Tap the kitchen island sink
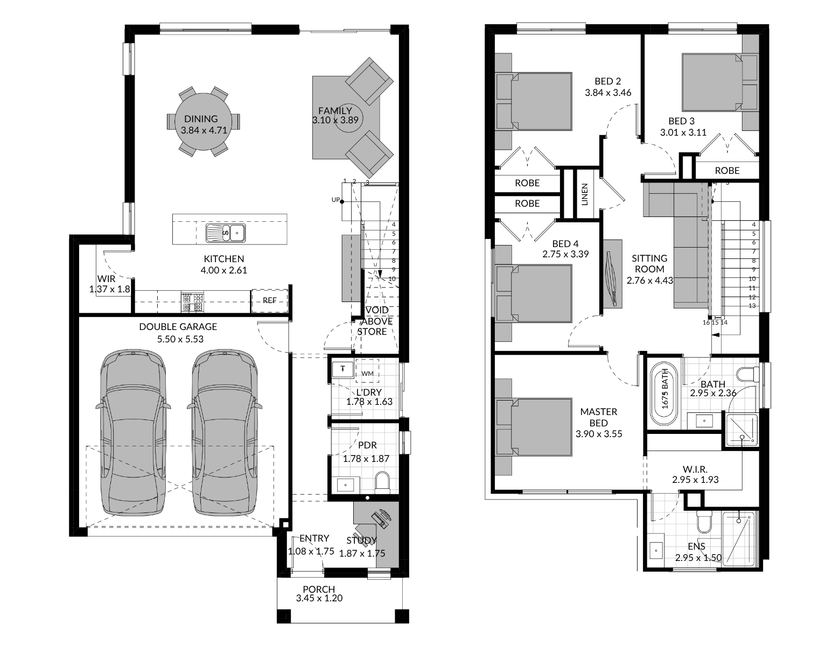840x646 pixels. [x=226, y=233]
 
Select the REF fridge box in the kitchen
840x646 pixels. [x=270, y=300]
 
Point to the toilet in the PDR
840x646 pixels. [x=383, y=482]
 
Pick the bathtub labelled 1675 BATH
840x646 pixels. [x=664, y=394]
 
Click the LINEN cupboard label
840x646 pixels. [x=584, y=194]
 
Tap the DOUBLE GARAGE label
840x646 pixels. [x=178, y=326]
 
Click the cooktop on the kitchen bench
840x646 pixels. [x=193, y=302]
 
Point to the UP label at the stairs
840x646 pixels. [x=335, y=200]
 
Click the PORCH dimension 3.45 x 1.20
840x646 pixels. [x=319, y=598]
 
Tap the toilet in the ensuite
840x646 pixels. [x=704, y=522]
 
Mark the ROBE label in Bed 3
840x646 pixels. [x=727, y=171]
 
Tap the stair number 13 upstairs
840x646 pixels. [x=752, y=306]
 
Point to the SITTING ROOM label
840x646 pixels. [x=649, y=263]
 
